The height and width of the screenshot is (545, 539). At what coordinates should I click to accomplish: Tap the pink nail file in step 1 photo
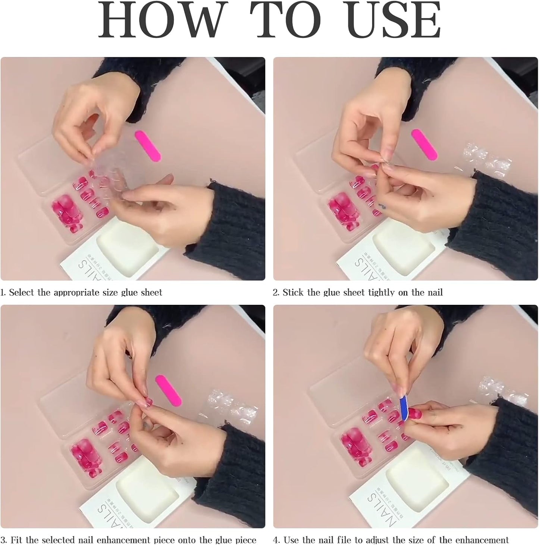click(x=147, y=146)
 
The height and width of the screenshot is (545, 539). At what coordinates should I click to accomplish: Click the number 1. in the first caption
click(x=3, y=292)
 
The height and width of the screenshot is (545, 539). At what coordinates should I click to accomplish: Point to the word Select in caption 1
click(x=22, y=292)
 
